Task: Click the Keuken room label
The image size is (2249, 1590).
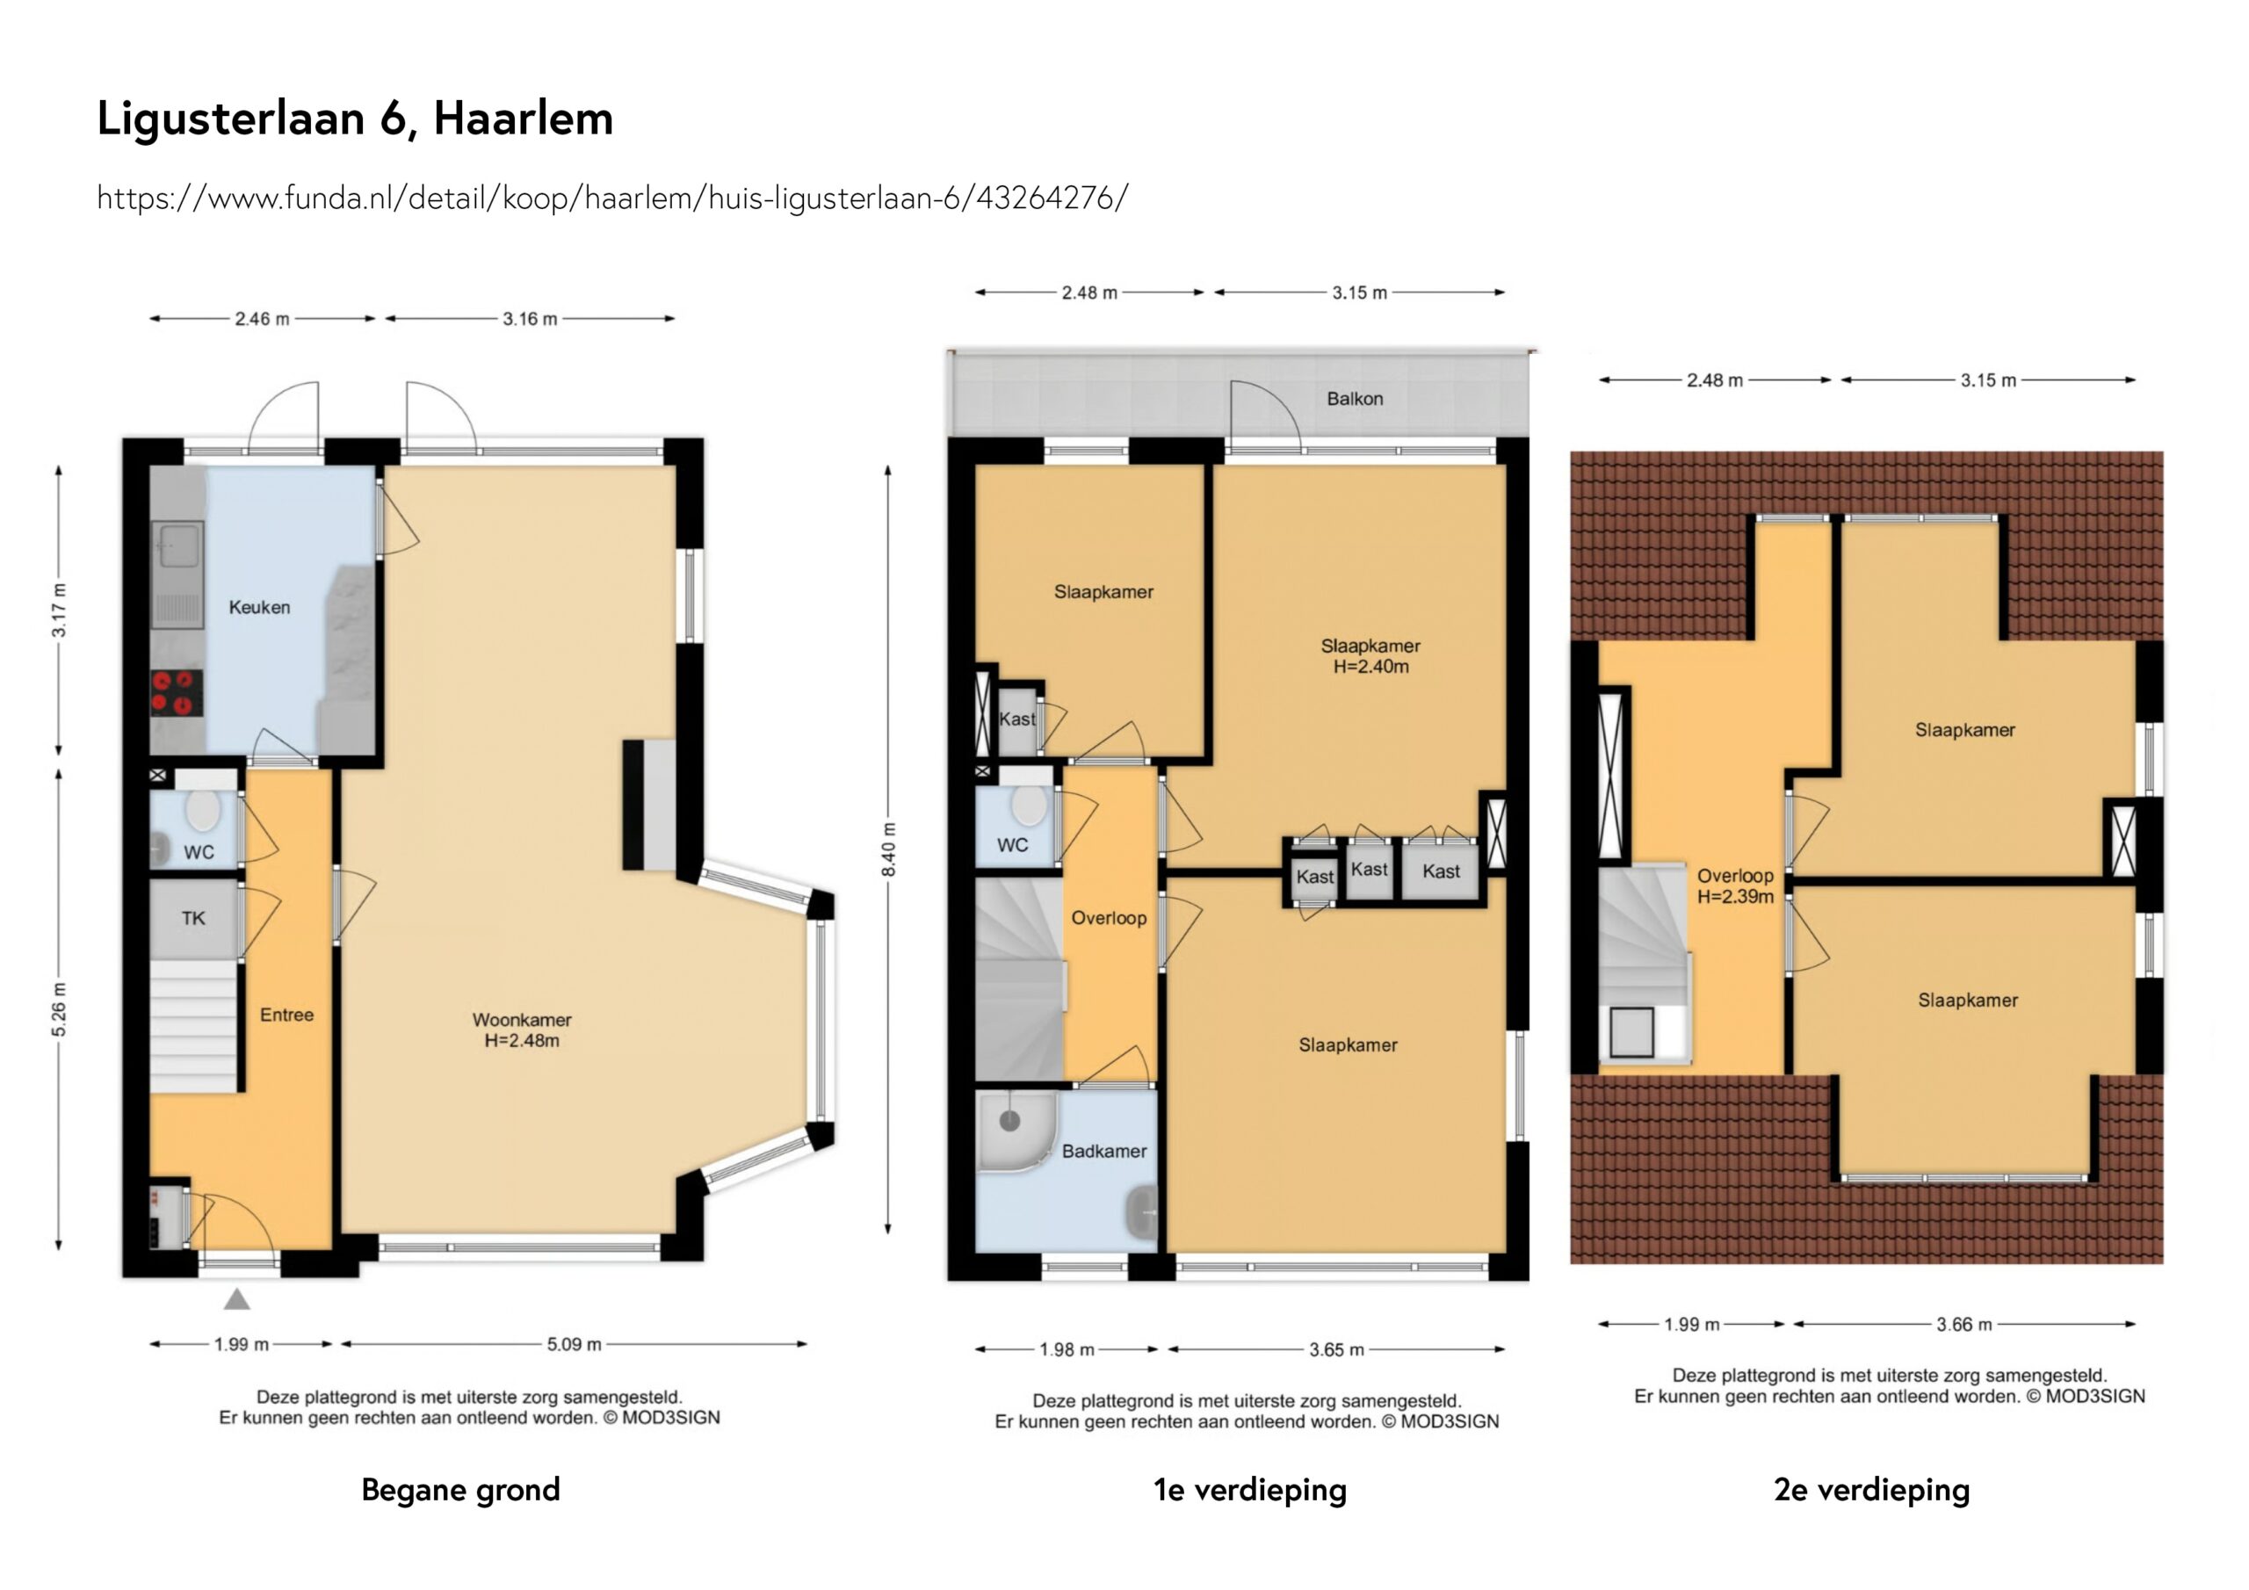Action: coord(259,607)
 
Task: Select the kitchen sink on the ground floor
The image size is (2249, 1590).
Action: coord(179,545)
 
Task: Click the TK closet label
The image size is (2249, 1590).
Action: coord(193,918)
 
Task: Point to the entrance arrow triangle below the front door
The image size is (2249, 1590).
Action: coord(237,1300)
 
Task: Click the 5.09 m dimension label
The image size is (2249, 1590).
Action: coord(573,1344)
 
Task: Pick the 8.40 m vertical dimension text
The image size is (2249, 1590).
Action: coord(887,849)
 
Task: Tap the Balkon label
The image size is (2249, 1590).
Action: coord(1355,399)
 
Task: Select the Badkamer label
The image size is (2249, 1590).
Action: coord(1104,1151)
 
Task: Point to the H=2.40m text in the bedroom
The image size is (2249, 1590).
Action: coord(1370,667)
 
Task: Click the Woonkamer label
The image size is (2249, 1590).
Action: coord(521,1020)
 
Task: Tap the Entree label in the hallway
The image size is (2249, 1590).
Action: coord(286,1015)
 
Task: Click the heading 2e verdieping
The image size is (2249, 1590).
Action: coord(1871,1489)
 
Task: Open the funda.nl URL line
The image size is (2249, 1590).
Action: coord(612,198)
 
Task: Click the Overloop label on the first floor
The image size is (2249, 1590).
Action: coord(1108,918)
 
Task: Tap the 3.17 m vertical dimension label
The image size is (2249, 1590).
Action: coord(60,611)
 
